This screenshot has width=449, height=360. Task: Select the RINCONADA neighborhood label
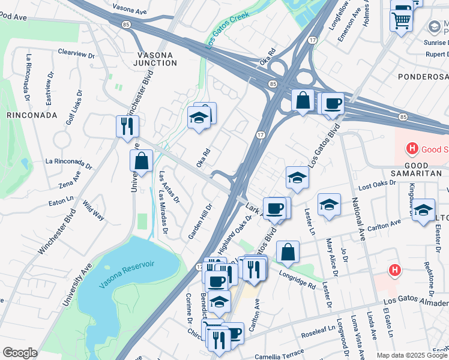(32, 115)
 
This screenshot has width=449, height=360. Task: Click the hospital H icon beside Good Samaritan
(412, 148)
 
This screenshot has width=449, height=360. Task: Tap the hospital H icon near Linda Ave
(394, 271)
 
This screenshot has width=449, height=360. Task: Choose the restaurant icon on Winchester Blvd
(127, 126)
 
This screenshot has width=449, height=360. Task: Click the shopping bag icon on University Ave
(141, 161)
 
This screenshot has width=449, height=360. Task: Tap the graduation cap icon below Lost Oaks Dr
(329, 205)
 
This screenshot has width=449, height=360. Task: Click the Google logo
(20, 353)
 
